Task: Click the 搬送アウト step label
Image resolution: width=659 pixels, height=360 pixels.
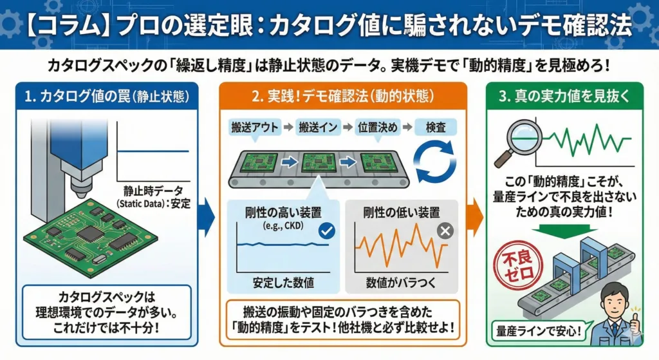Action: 254,128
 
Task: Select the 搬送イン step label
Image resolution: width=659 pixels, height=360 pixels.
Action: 319,128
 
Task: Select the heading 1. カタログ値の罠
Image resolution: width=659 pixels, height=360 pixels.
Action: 106,97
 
